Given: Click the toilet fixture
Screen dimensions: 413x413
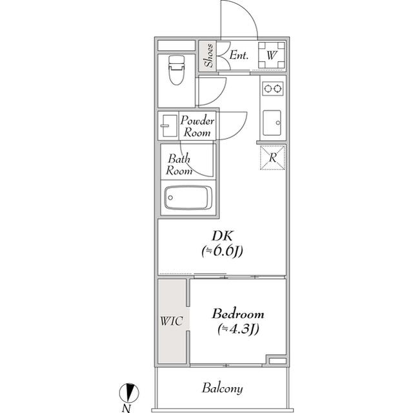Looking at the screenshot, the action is coord(176,70).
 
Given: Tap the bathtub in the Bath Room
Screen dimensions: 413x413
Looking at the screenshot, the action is coord(188,198).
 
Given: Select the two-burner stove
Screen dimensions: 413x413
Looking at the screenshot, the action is coord(273,89).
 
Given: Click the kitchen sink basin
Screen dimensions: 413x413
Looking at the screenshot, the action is coord(272,123).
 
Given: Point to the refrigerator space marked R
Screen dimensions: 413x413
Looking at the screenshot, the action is coord(272,158).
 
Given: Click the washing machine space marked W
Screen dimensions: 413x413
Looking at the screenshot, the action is coord(272,55).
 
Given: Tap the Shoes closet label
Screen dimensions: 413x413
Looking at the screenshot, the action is coord(208,56).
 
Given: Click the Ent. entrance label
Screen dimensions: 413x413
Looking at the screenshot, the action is coord(239,55).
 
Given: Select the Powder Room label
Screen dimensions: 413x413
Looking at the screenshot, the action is coord(197,126).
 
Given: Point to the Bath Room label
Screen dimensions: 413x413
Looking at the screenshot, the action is coord(179,165).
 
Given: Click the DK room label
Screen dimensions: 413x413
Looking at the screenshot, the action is coord(222,235).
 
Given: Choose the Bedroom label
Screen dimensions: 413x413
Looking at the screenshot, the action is coord(238,314).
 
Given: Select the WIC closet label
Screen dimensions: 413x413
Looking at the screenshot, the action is coord(171,321).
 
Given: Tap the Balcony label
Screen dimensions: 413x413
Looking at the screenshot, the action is coord(222,388).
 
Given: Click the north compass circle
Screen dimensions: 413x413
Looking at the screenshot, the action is coord(129,393).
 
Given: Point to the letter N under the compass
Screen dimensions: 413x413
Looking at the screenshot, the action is coord(126,408).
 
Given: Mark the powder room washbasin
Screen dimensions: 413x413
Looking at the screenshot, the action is coord(169,126).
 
